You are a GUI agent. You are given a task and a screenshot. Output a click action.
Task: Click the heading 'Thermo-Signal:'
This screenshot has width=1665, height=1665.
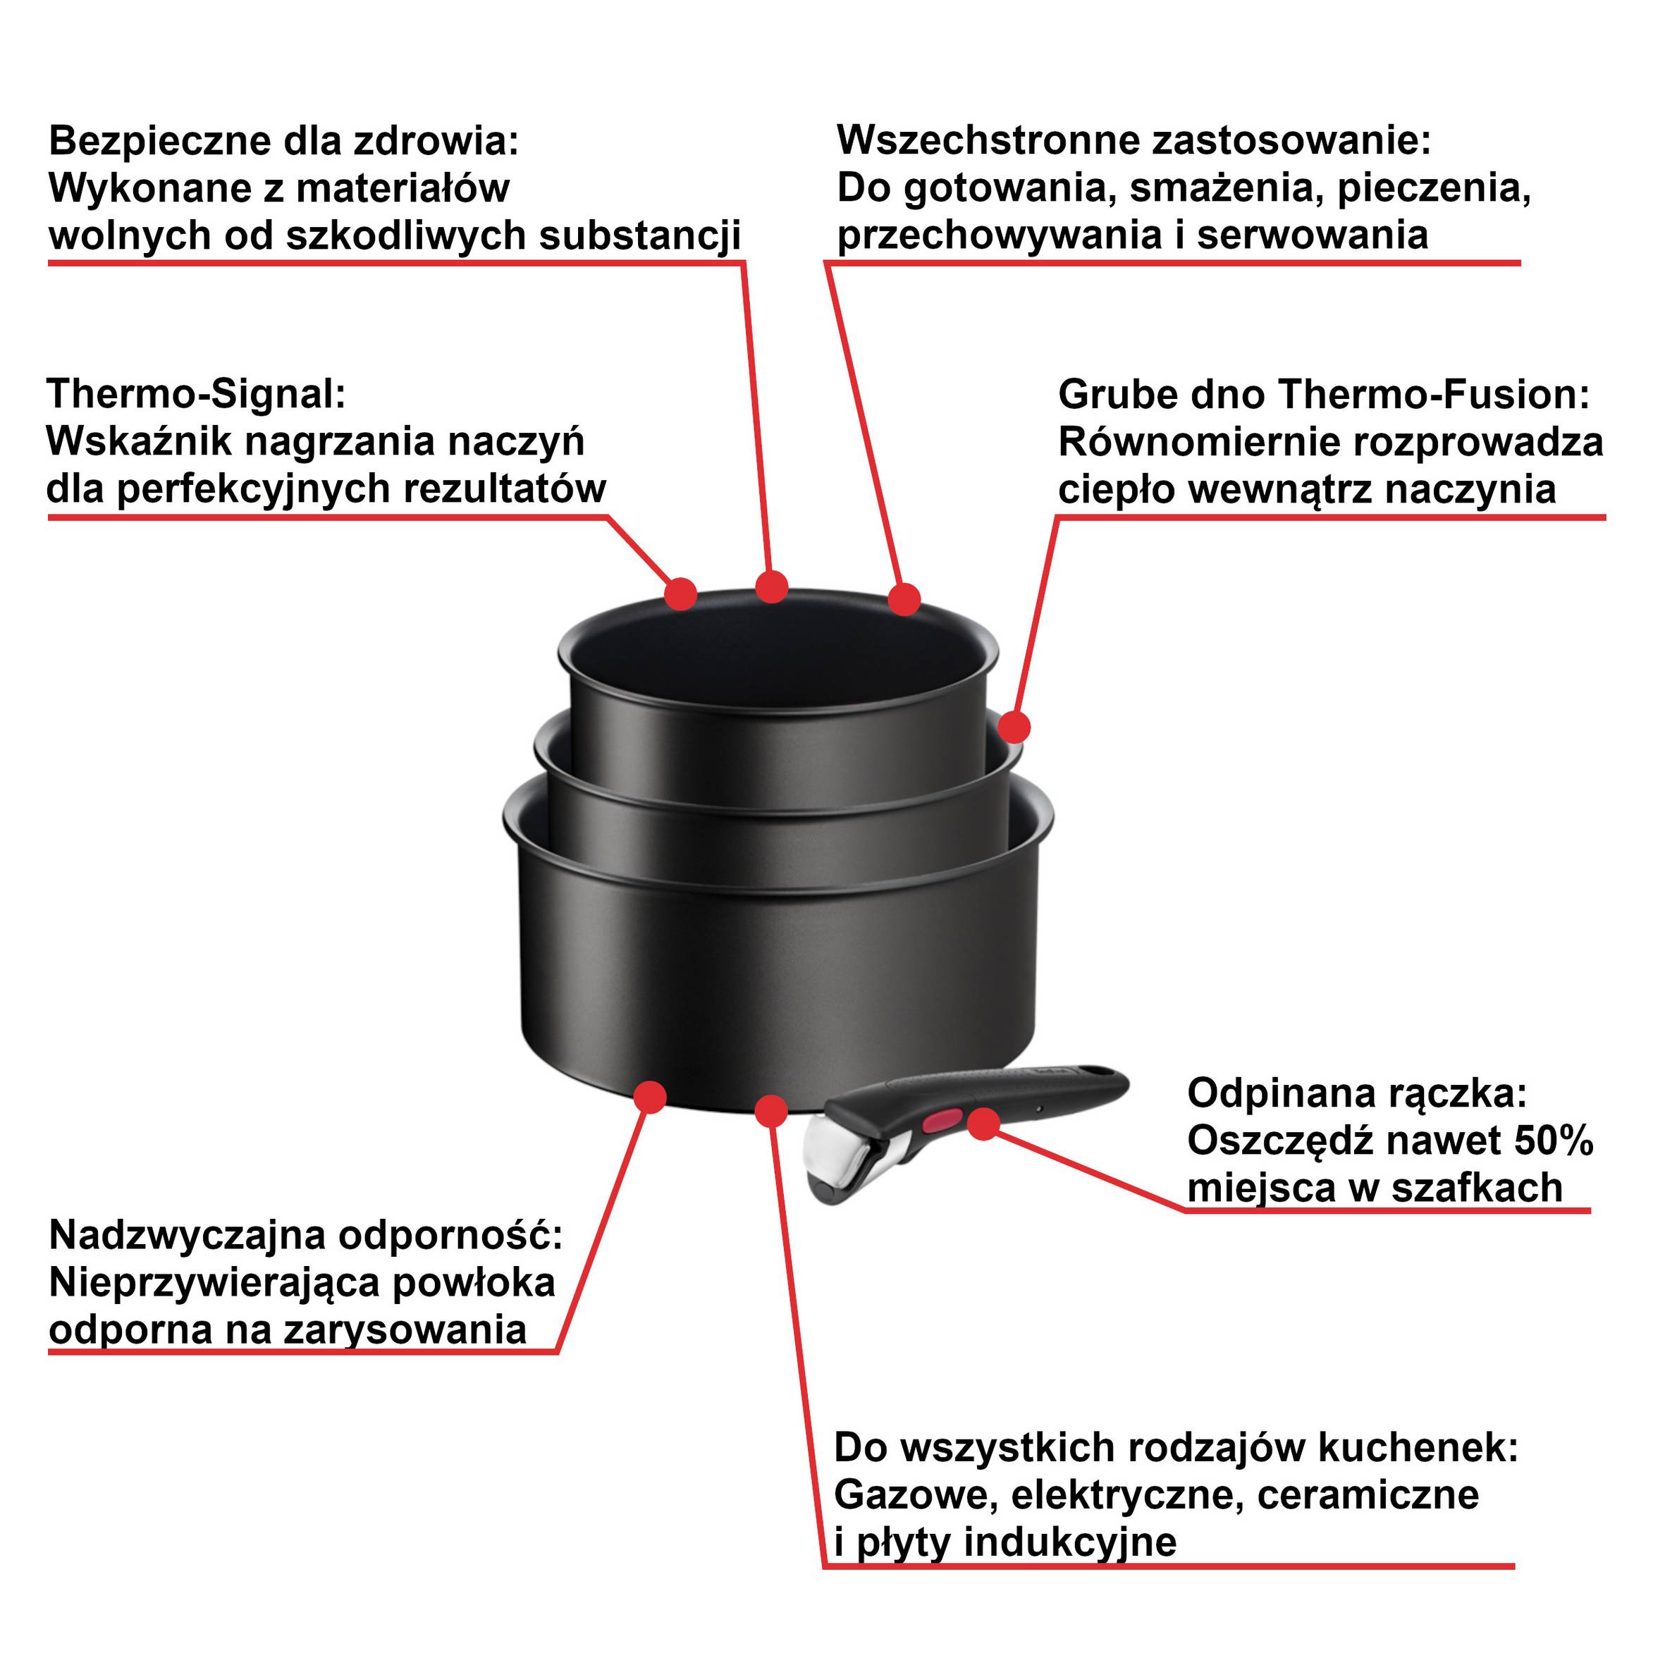196,395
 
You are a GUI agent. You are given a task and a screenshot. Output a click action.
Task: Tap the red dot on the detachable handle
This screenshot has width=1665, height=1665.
983,1124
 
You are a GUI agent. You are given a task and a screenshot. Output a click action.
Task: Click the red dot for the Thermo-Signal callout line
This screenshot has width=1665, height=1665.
681,593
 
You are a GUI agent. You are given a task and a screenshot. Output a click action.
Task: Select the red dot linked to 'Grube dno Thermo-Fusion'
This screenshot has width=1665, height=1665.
1015,727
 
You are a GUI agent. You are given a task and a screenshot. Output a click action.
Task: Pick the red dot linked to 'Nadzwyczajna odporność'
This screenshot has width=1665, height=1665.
650,1097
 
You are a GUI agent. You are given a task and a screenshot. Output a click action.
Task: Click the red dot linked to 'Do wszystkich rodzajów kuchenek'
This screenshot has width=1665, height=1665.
771,1111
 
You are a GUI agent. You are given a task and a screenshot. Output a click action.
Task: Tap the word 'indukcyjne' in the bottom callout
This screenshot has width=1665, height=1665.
1069,1541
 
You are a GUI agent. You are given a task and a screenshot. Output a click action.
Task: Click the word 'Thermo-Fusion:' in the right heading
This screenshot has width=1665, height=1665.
1433,395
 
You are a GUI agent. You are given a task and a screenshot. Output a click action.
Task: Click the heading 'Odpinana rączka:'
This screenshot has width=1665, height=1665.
1356,1093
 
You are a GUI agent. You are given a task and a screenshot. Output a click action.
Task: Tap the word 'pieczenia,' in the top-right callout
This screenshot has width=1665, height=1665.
1434,188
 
